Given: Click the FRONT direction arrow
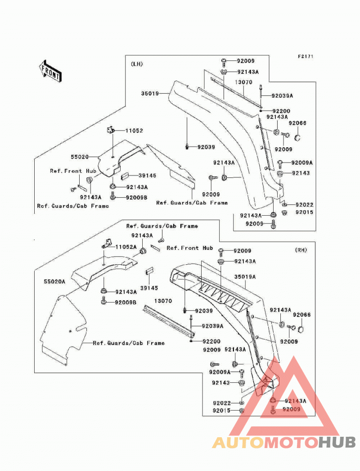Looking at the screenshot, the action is [x=50, y=71].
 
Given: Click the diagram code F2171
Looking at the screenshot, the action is [x=306, y=56].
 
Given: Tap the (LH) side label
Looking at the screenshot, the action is [x=137, y=64].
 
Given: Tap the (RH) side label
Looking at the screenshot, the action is [x=301, y=250].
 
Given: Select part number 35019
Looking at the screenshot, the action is [x=150, y=93].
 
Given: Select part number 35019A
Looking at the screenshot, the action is [x=245, y=276].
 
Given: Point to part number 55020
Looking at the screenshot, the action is [x=80, y=157].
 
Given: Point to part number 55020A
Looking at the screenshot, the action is [x=54, y=281].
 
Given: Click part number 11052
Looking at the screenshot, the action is [x=134, y=131].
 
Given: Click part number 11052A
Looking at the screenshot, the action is [x=126, y=247].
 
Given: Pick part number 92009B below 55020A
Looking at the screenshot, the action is [x=126, y=302].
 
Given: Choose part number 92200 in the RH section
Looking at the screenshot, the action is [x=211, y=341].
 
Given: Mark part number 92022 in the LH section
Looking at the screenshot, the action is [x=304, y=204].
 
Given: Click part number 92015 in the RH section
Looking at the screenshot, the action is [x=221, y=411].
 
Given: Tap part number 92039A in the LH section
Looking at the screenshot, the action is [x=282, y=95].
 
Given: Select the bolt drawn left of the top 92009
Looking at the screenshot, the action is [x=224, y=62].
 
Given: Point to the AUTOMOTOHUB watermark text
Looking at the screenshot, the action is [x=284, y=442].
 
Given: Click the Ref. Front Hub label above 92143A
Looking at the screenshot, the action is [x=73, y=171].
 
